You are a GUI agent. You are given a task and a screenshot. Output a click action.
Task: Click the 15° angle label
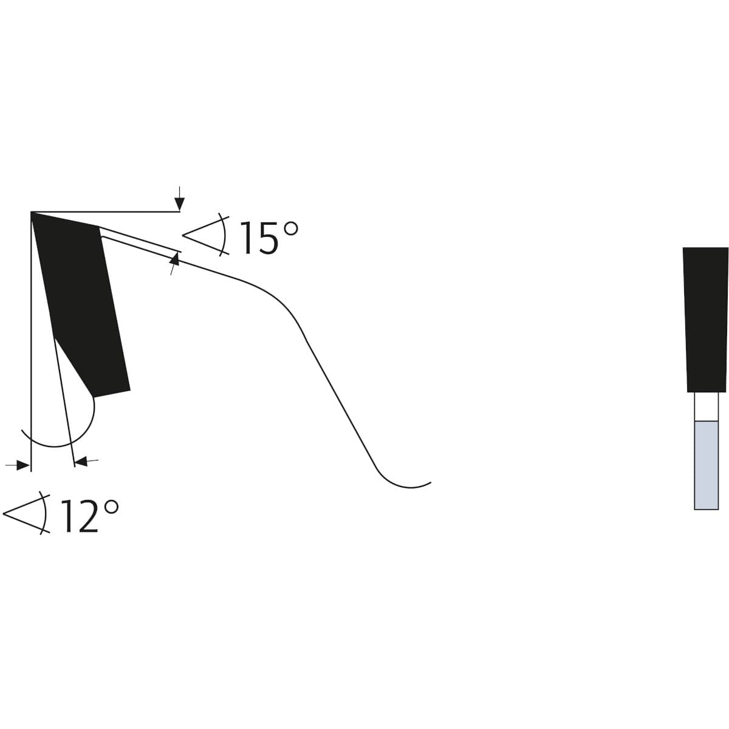click(269, 237)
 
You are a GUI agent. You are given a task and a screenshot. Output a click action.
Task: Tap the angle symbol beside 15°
click(206, 235)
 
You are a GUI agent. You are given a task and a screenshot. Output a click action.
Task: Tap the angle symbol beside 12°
click(27, 513)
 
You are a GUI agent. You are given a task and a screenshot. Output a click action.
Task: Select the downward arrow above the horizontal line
click(180, 199)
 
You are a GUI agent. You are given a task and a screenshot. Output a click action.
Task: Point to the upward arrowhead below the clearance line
click(175, 259)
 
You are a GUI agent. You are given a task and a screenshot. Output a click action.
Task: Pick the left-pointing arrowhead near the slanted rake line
click(81, 462)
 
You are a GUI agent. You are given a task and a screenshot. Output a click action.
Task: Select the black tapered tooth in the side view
click(705, 320)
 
